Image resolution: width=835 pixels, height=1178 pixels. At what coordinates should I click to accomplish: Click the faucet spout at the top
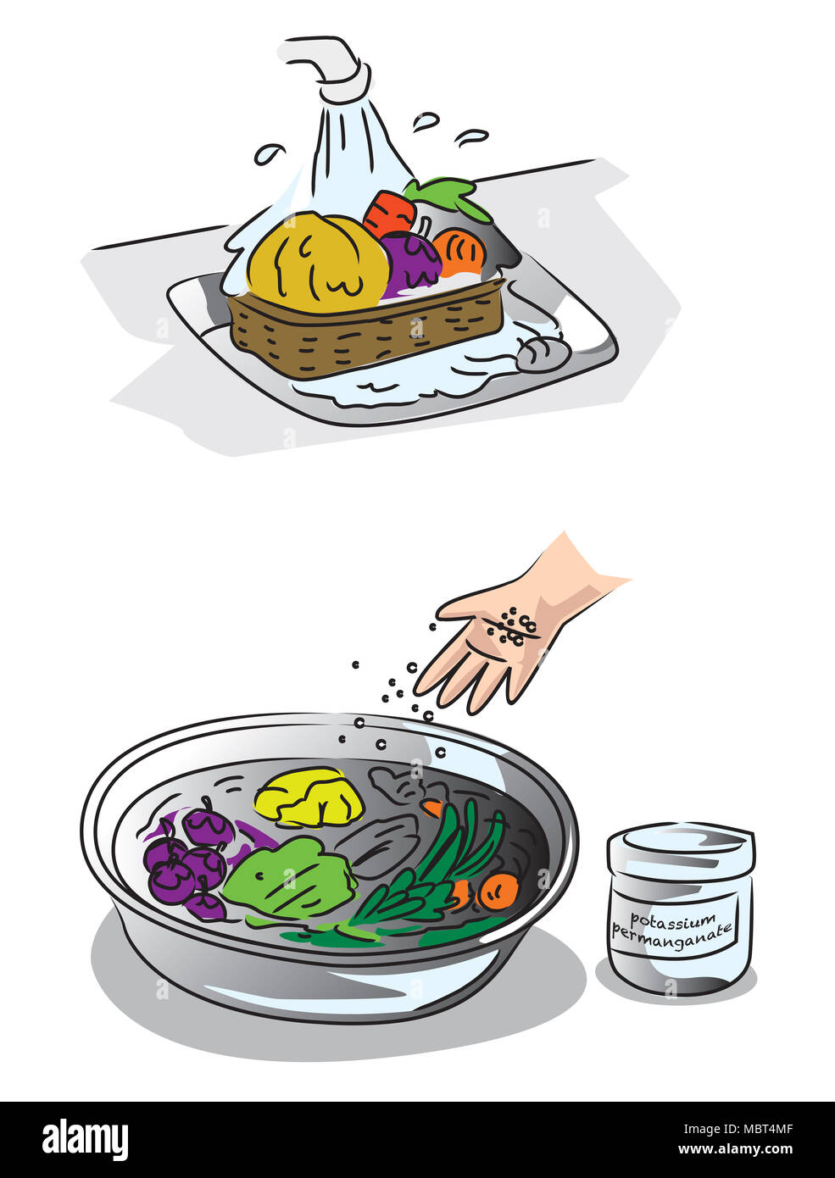click(326, 59)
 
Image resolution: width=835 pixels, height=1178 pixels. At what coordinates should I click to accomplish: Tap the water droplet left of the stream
click(269, 154)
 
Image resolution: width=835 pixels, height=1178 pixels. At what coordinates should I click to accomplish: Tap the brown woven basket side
click(365, 331)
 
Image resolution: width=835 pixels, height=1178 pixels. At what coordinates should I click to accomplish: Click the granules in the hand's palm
click(514, 627)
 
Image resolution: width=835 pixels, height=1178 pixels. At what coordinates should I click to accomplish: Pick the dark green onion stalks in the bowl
click(441, 864)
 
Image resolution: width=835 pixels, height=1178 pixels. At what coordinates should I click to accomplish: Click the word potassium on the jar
click(660, 920)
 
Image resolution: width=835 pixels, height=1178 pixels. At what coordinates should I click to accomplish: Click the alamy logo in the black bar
click(85, 1140)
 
